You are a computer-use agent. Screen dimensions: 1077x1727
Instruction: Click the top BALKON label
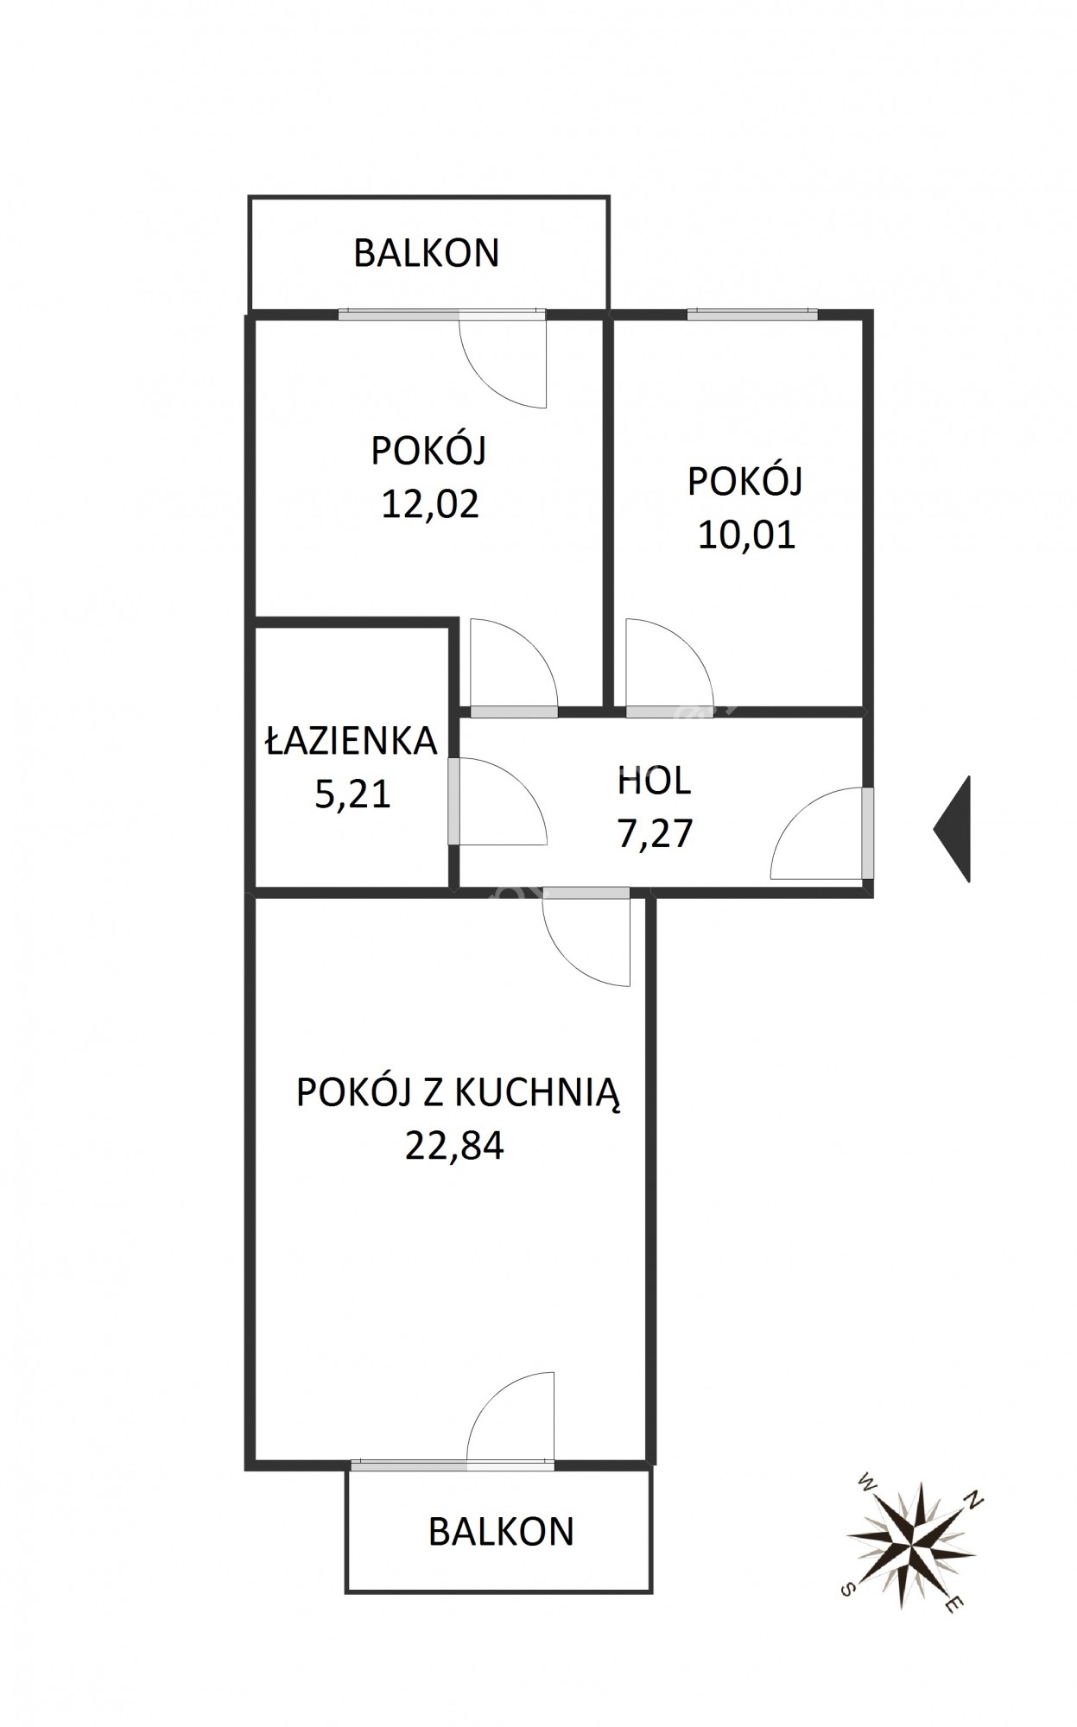point(427,253)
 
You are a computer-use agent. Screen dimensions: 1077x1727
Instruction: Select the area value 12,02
point(430,504)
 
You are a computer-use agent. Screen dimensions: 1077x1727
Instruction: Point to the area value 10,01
point(746,535)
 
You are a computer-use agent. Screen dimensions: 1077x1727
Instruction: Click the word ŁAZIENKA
point(351,741)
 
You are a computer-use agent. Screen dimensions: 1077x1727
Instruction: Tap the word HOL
point(654,781)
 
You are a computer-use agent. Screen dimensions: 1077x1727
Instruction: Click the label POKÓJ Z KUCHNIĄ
point(459,1091)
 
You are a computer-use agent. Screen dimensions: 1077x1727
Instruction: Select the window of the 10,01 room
point(752,314)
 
